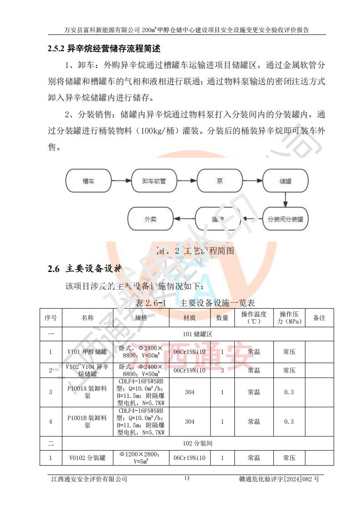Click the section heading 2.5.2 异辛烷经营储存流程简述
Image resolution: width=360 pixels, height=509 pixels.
[x=104, y=48]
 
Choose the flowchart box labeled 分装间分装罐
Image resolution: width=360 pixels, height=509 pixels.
[x=285, y=219]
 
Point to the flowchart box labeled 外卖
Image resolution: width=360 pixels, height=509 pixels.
[x=151, y=219]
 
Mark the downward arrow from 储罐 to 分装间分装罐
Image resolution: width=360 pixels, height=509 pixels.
[x=285, y=199]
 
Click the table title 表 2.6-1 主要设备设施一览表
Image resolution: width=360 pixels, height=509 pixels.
[x=195, y=302]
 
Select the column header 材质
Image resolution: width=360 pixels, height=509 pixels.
[x=190, y=318]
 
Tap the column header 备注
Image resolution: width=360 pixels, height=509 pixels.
[x=319, y=318]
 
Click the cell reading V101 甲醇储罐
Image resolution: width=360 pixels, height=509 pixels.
[x=87, y=352]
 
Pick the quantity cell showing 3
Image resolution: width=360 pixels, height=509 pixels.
[x=222, y=370]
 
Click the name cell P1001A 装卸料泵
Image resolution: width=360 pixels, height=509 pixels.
[x=87, y=392]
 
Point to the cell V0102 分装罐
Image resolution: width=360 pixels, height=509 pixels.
[x=87, y=458]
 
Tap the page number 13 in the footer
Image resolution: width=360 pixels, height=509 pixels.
[x=186, y=479]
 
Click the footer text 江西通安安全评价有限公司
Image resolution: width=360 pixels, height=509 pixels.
[x=88, y=479]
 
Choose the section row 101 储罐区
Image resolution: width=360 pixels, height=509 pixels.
[x=197, y=334]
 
